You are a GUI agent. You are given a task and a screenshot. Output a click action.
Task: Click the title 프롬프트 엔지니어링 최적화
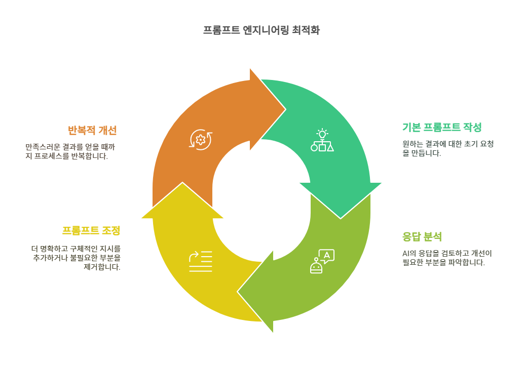point(261,30)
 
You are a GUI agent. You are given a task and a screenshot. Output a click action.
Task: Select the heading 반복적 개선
point(92,130)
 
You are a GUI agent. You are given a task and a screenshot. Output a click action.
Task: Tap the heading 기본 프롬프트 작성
point(441,127)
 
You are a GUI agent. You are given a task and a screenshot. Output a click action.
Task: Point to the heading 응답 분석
point(422,236)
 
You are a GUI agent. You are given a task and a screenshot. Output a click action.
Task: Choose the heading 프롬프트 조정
point(91,230)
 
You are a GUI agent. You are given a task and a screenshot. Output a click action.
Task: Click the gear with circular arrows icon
point(201,139)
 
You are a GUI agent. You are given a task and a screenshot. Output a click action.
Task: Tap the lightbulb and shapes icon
point(322,141)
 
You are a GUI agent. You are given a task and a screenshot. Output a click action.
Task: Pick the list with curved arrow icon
point(201,261)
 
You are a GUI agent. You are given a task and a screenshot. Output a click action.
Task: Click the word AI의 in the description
point(409,253)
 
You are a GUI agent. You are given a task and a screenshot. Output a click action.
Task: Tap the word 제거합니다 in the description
point(102,267)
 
